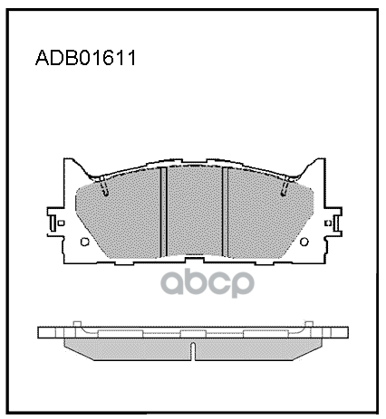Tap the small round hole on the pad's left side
pos(84,242)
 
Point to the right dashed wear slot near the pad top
pos(284,188)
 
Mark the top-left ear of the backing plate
pos(69,168)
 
